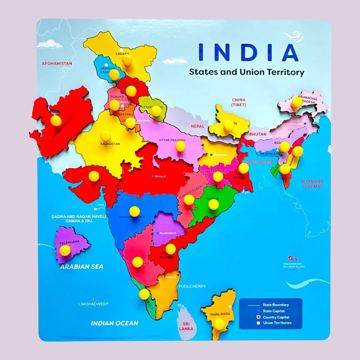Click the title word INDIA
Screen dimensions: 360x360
click(248, 52)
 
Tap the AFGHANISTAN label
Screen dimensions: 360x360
click(57, 64)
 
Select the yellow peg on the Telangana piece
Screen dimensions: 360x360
click(65, 250)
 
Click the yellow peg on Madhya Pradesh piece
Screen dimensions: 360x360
click(56, 121)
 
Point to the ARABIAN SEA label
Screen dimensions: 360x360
click(82, 266)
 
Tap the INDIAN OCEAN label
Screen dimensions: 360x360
click(114, 323)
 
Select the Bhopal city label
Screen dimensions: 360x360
click(160, 176)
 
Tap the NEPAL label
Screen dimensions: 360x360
click(197, 126)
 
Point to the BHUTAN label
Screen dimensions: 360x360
click(258, 134)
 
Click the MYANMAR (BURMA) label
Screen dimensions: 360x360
click(312, 184)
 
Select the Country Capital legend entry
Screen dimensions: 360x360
click(276, 317)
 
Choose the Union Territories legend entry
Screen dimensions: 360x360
click(277, 323)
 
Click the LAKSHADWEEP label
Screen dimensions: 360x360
click(93, 304)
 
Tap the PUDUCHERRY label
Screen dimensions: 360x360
click(192, 286)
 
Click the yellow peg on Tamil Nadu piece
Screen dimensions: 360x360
click(220, 324)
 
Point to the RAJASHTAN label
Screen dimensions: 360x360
click(110, 144)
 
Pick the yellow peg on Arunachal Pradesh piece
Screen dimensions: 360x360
click(296, 102)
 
